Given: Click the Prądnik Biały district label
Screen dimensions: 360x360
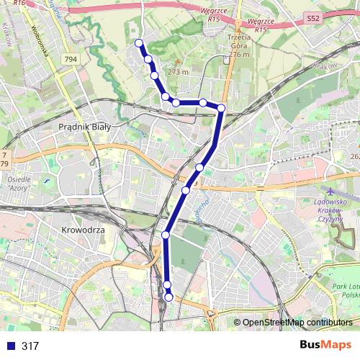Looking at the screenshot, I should pyautogui.click(x=84, y=126).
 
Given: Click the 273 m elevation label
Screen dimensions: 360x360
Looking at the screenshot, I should pyautogui.click(x=177, y=71).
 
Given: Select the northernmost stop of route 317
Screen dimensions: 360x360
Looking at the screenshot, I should pyautogui.click(x=139, y=43).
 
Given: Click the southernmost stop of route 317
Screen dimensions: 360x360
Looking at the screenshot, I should pyautogui.click(x=169, y=297).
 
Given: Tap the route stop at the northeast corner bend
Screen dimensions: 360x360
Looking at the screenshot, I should pyautogui.click(x=221, y=108).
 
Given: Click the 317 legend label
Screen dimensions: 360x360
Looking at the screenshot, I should pyautogui.click(x=30, y=346).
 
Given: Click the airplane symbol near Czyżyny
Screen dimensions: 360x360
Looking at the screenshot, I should pyautogui.click(x=330, y=192).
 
